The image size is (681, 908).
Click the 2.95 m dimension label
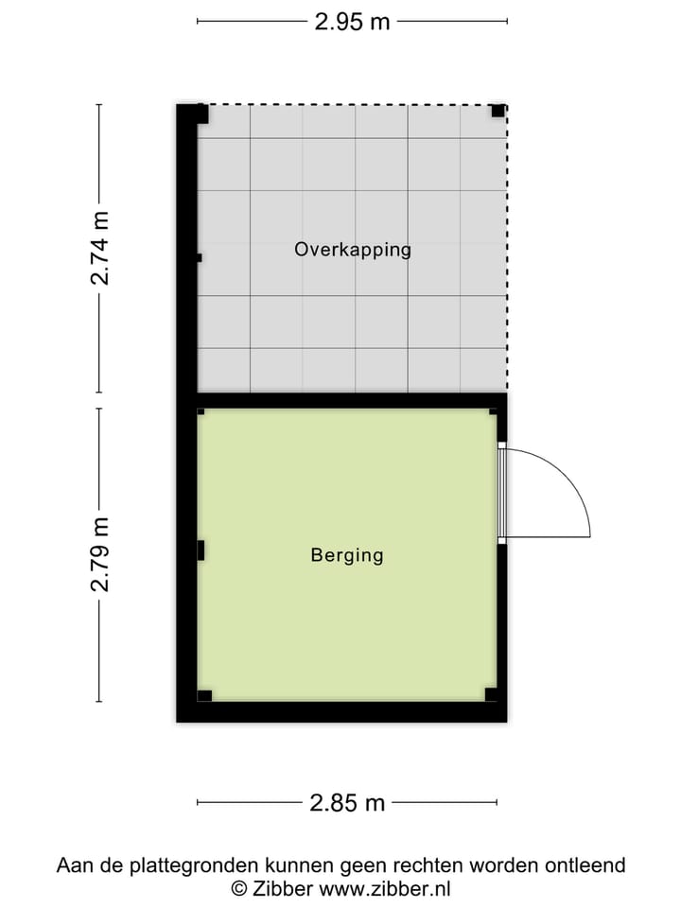[x=352, y=22]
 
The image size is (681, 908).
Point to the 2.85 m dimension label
[x=347, y=803]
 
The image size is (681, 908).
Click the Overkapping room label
[x=353, y=250]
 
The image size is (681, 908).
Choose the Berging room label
[x=347, y=555]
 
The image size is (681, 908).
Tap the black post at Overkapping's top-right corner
[x=498, y=112]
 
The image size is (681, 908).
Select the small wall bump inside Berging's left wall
[x=201, y=550]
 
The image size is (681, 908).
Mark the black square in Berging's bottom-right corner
[x=491, y=694]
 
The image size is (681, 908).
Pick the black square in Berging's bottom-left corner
[x=204, y=695]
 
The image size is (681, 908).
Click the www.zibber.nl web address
[x=385, y=888]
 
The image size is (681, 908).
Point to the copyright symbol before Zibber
[x=239, y=888]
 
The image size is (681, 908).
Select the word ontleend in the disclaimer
[x=585, y=865]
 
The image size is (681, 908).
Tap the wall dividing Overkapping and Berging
[x=350, y=400]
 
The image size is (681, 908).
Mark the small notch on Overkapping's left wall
[x=199, y=257]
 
